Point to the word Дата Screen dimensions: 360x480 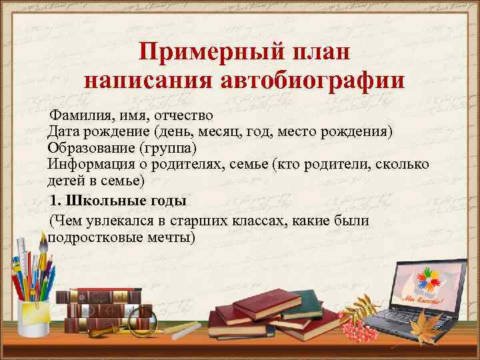point(64,131)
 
